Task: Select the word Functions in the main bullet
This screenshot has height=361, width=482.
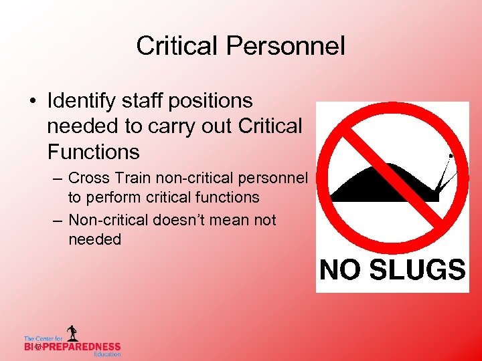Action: pos(94,152)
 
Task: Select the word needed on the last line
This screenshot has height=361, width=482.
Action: pos(95,239)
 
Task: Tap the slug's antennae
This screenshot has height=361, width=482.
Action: pos(445,170)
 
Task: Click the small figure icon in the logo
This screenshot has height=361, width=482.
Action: pos(72,333)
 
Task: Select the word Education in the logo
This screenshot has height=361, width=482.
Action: pos(107,354)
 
